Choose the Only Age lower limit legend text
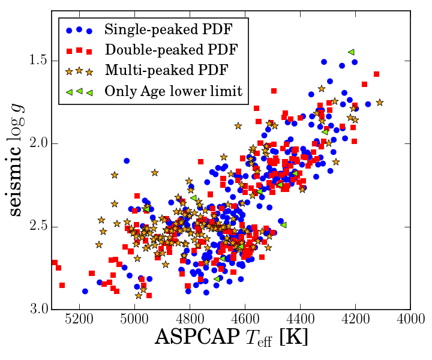[x=173, y=91]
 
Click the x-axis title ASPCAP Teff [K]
[x=231, y=338]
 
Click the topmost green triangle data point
[x=352, y=52]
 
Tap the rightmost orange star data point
[x=380, y=103]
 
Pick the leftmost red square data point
[x=55, y=263]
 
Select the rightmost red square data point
[x=377, y=74]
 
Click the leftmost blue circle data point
[x=85, y=291]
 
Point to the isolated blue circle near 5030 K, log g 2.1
[x=127, y=161]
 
